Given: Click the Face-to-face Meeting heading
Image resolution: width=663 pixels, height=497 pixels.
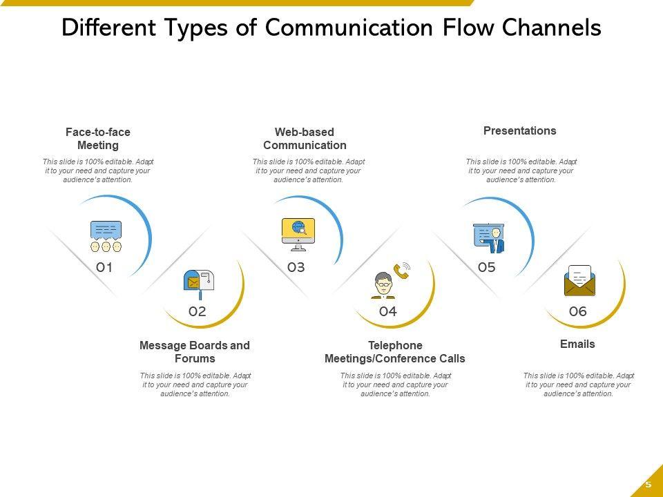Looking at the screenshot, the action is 98,138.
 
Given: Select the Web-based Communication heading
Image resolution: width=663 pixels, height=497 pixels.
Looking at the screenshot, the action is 305,138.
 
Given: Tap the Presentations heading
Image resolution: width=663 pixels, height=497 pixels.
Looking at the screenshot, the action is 519,130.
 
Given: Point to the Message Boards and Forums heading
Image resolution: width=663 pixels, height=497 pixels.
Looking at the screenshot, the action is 195,351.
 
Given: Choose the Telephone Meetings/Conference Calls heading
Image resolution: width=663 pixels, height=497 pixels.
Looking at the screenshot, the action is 394,351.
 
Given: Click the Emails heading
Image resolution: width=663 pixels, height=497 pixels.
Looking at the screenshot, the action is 577,344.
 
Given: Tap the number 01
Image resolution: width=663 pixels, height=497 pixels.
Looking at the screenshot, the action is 104,267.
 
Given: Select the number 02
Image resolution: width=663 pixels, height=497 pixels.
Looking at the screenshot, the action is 198,311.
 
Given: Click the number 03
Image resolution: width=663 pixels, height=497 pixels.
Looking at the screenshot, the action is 296,267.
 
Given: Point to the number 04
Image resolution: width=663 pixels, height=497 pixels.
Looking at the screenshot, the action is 388,311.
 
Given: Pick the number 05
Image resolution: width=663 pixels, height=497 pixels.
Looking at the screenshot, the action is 487,267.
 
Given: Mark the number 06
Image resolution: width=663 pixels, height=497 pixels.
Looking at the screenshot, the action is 577,311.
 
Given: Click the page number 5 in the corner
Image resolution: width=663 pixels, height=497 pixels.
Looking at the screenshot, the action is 648,485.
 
